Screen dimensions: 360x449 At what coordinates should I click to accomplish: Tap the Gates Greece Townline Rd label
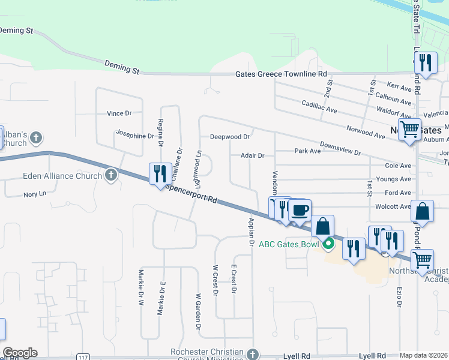[x=281, y=74]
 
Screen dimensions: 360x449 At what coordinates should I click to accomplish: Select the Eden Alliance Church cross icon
[x=110, y=176]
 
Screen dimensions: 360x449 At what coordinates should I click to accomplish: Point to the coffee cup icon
[x=300, y=211]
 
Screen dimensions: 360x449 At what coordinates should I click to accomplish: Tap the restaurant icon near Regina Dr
[x=159, y=174]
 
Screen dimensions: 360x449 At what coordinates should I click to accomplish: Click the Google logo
[x=20, y=353]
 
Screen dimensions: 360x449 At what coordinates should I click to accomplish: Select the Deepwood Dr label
[x=229, y=137]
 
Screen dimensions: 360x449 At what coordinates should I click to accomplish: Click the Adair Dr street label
[x=252, y=155]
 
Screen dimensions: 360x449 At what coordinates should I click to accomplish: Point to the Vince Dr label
[x=119, y=113]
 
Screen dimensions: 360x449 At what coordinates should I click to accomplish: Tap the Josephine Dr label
[x=135, y=136]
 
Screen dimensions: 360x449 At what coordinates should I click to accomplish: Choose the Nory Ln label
[x=34, y=194]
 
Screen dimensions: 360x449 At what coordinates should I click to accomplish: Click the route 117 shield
[x=83, y=358]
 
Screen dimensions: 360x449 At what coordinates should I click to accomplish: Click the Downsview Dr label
[x=340, y=149]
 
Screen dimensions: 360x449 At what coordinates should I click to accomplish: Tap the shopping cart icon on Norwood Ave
[x=410, y=128]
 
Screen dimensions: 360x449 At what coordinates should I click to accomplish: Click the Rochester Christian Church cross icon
[x=254, y=353]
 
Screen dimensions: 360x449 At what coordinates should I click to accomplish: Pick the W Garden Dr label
[x=197, y=311]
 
